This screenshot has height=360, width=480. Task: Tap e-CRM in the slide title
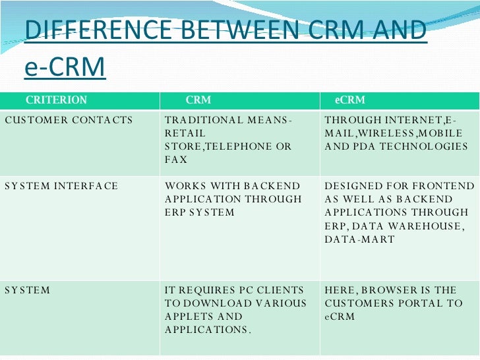coord(65,67)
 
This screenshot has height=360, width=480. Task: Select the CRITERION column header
coord(56,100)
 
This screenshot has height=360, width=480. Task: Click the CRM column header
coord(198,100)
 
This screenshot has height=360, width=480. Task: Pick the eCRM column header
coord(349,100)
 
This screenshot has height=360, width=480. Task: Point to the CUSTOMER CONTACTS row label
coord(69,120)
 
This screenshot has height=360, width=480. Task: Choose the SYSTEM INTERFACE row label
coord(61,186)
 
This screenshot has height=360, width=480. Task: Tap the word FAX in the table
coord(176,160)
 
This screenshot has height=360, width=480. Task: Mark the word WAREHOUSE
coord(417,225)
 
